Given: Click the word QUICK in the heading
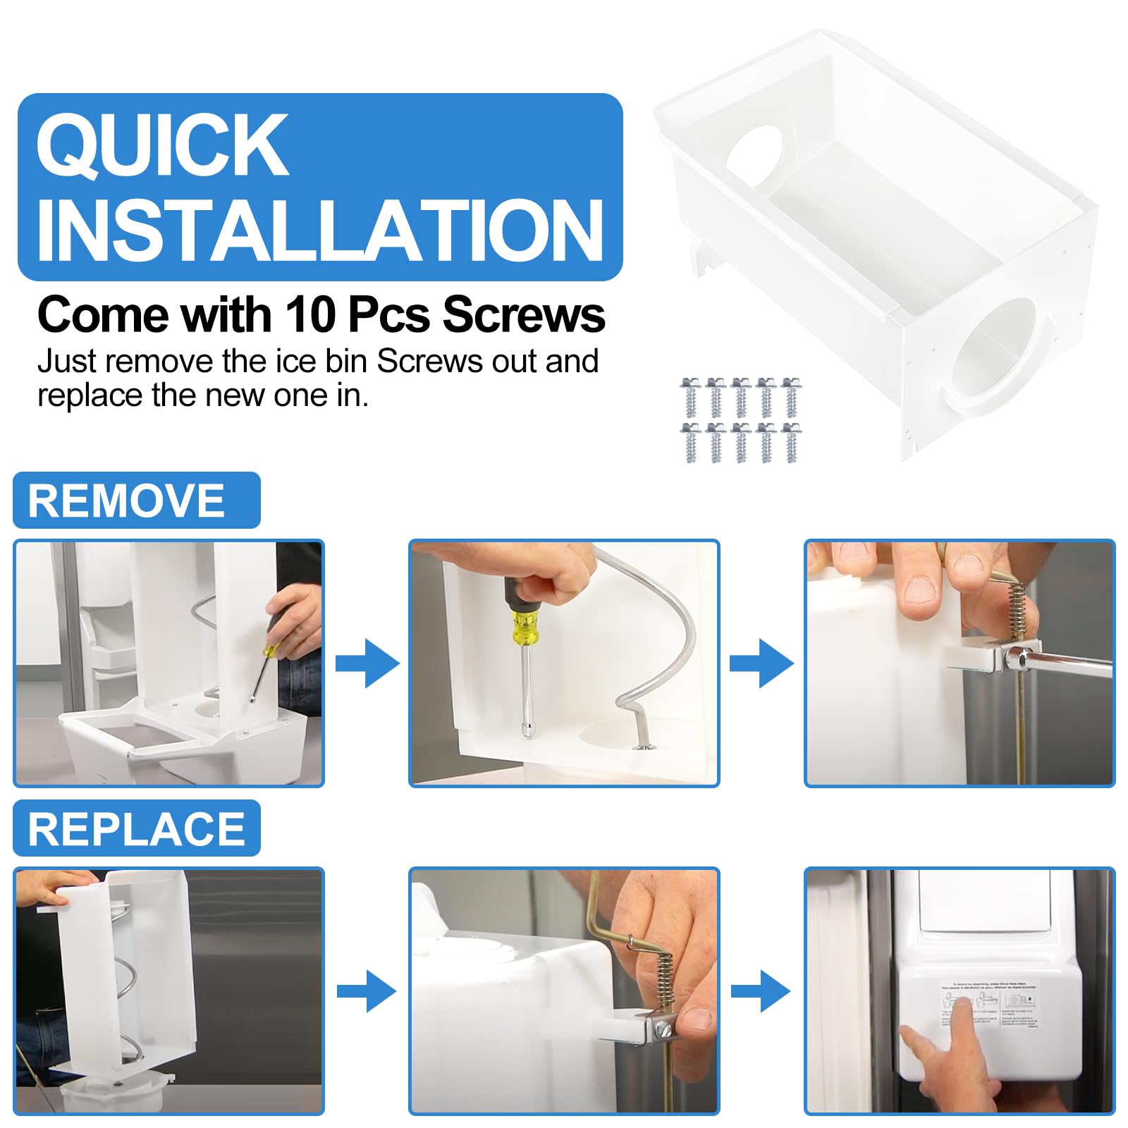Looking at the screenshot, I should [162, 145].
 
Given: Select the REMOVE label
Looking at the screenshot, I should [127, 501].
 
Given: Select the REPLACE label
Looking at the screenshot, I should [136, 828].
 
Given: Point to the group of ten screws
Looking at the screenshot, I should [740, 421].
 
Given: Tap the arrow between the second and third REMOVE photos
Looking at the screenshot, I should [761, 663].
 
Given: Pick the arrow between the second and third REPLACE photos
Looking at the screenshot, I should [761, 991].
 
